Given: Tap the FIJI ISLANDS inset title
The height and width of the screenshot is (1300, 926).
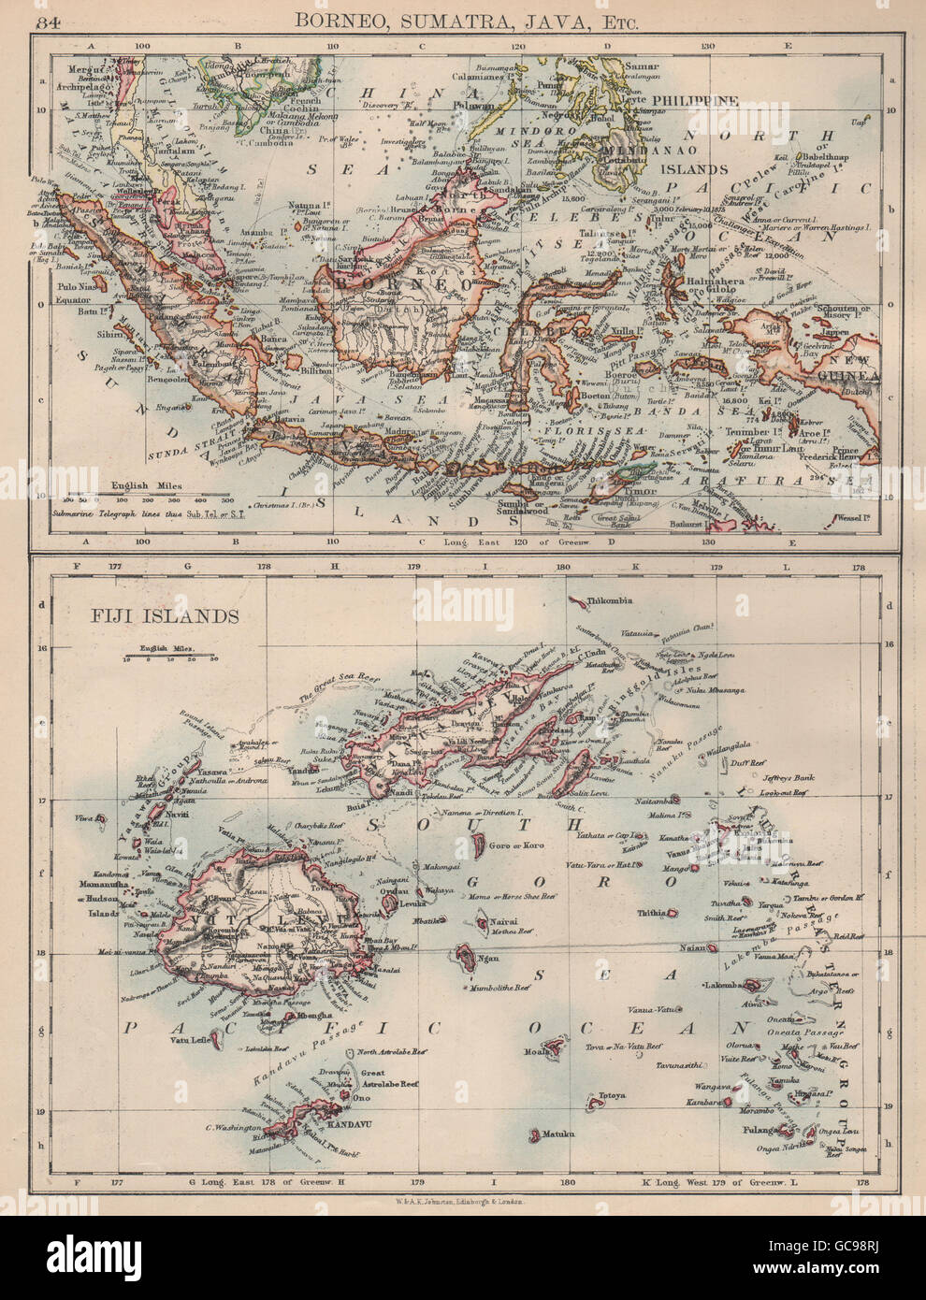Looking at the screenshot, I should pyautogui.click(x=152, y=615).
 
